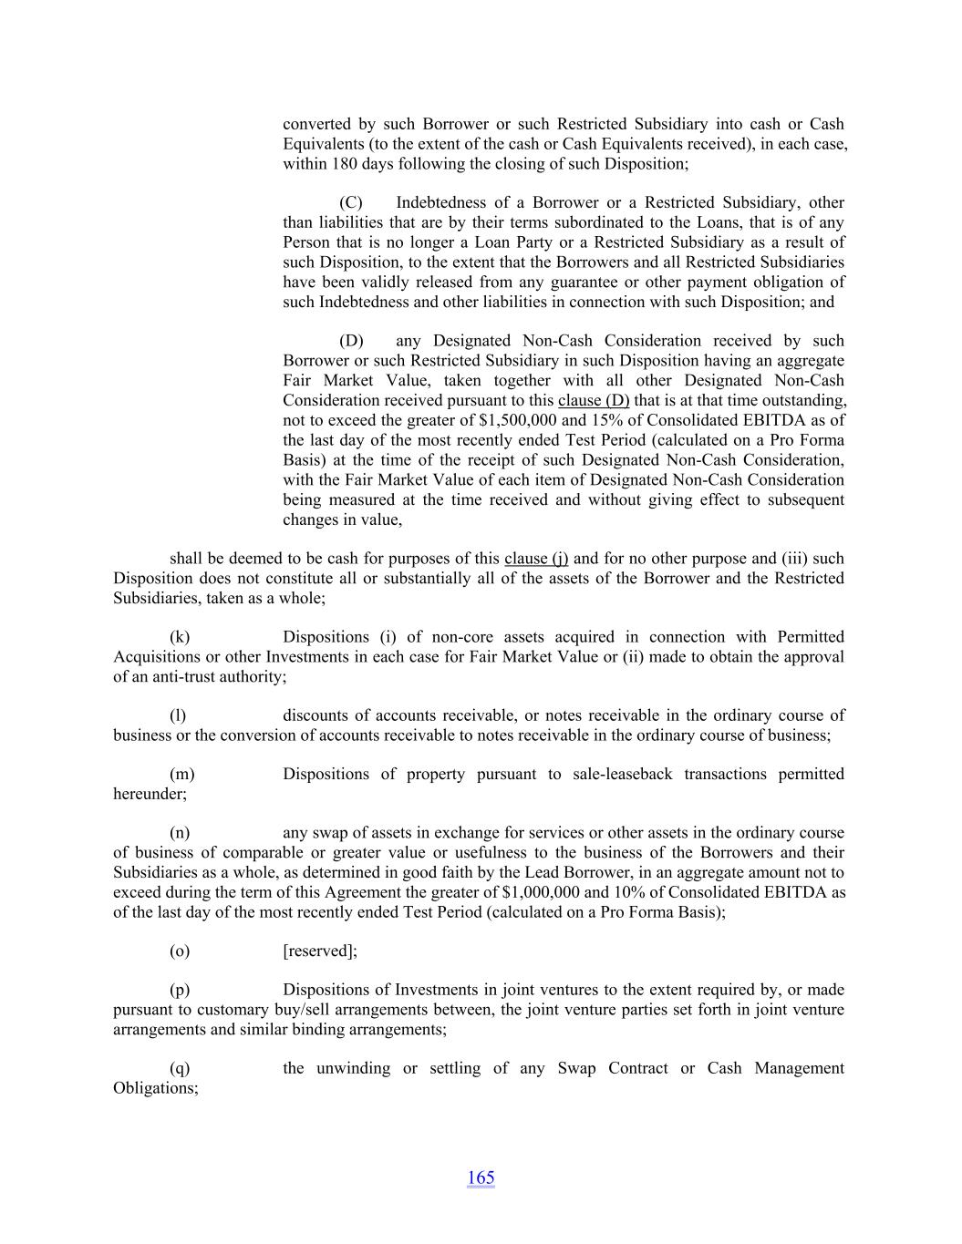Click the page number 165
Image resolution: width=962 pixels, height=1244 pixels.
pos(481,1177)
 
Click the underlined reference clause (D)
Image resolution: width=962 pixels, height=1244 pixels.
pos(594,401)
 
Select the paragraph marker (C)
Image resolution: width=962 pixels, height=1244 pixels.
pos(351,202)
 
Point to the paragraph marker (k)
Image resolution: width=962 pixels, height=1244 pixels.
pos(180,637)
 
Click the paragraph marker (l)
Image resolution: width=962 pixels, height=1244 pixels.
pos(178,715)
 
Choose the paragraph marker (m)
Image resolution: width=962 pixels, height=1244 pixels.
pos(182,774)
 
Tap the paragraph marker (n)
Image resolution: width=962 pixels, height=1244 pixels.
pos(180,833)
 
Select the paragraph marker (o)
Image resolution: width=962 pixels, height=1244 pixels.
pos(180,951)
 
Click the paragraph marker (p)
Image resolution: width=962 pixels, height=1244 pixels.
pos(180,990)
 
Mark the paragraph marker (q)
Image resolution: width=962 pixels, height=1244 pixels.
pos(180,1068)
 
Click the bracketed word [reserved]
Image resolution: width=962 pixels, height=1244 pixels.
pos(319,951)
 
